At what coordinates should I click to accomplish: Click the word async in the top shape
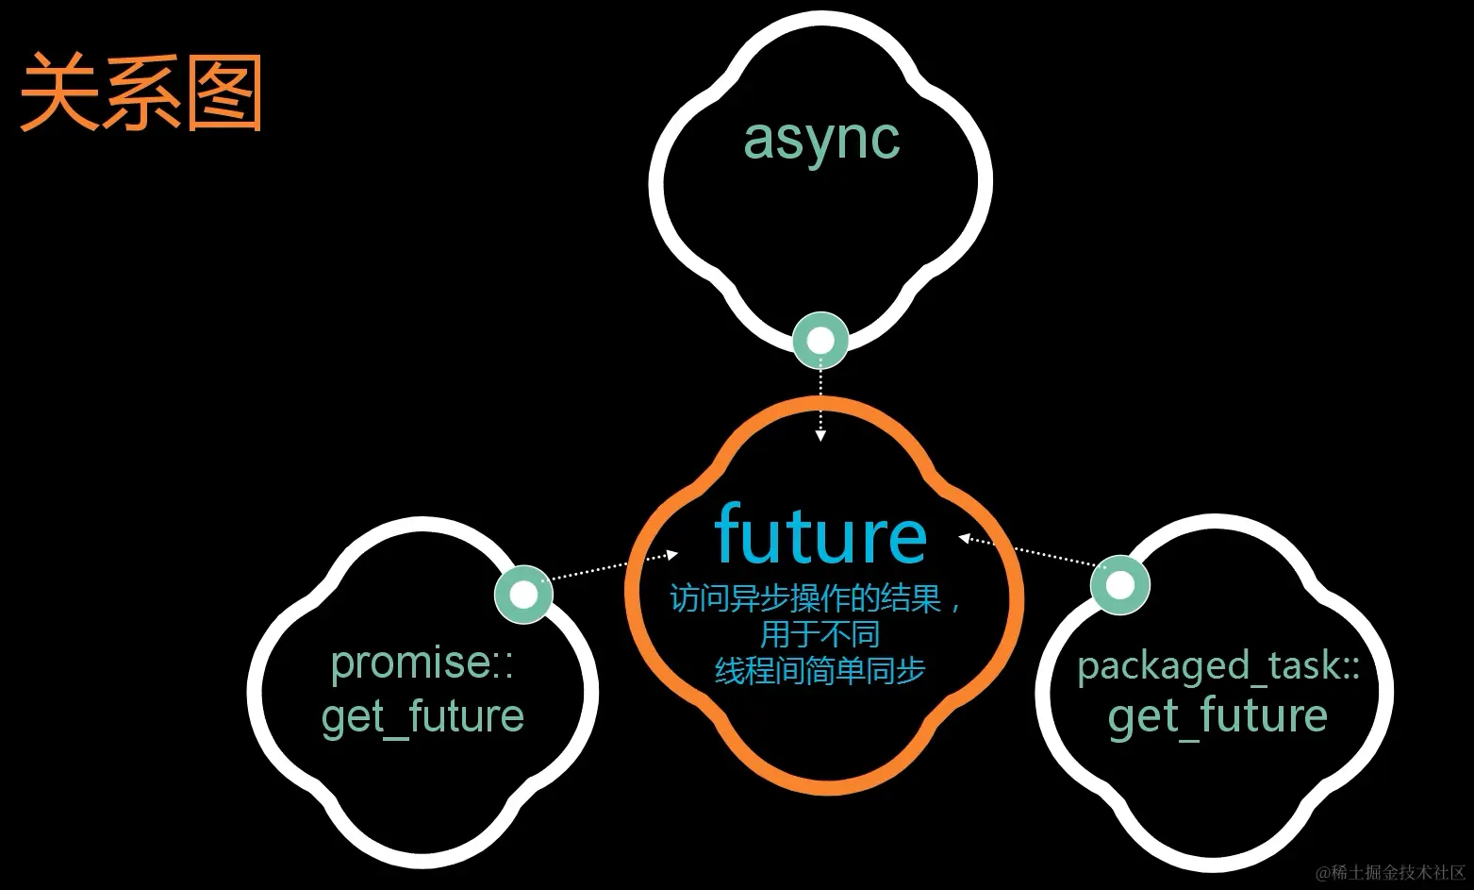(821, 140)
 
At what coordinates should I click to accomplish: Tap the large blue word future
(820, 535)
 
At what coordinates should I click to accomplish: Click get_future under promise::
(422, 716)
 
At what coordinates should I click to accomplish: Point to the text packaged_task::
(1218, 665)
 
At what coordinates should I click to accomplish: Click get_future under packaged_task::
(1217, 716)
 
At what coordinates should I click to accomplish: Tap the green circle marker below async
(820, 340)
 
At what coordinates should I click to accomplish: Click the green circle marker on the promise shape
(523, 595)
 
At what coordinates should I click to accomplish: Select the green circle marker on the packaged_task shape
(1119, 584)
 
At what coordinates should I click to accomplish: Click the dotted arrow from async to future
(820, 401)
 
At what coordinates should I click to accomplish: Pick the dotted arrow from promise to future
(613, 566)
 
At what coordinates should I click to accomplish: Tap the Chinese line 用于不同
(820, 633)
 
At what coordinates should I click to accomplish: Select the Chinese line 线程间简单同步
(820, 670)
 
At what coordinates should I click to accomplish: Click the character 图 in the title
(224, 92)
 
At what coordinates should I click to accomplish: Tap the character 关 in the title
(58, 92)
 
